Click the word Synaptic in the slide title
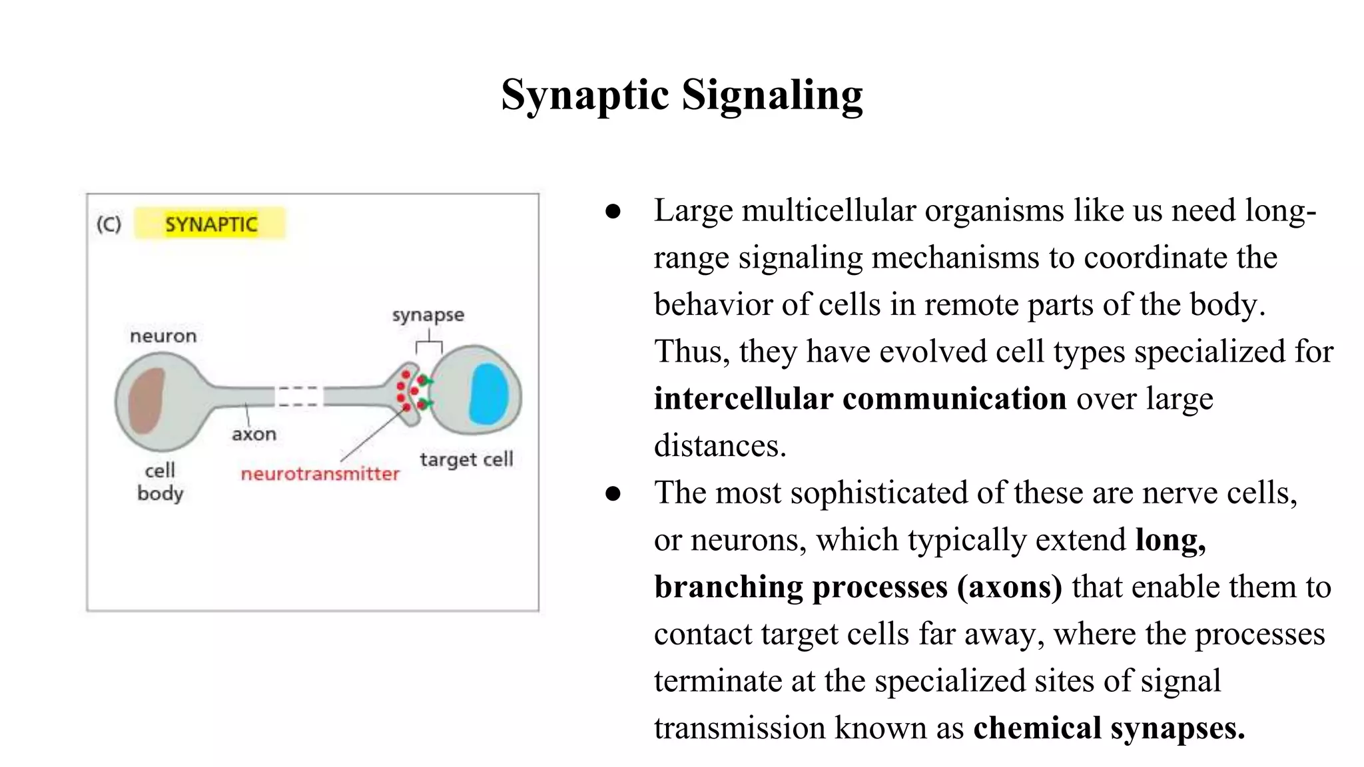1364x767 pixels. point(585,95)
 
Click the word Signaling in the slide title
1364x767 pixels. point(772,95)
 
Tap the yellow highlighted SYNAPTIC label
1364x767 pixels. point(210,224)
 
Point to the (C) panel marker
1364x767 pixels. point(109,224)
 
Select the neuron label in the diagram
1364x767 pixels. point(163,336)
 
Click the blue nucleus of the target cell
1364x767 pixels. point(489,394)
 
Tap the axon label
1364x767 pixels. point(254,435)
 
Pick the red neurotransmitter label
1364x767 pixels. point(320,474)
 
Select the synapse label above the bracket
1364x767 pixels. point(428,315)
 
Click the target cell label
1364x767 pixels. point(466,459)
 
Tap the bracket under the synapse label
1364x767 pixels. point(429,344)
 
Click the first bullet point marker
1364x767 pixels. point(613,212)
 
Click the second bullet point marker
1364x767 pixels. point(613,494)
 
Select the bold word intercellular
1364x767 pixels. point(743,399)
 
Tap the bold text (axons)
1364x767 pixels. point(1009,587)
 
